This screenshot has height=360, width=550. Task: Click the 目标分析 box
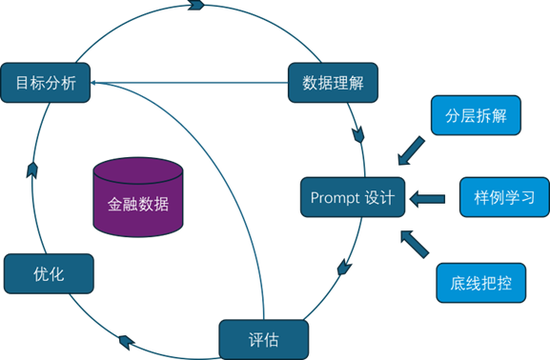pos(47,81)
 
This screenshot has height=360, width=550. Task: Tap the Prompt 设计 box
pos(352,197)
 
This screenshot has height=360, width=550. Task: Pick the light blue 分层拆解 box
pos(470,115)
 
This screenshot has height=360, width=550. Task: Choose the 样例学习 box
pos(503,197)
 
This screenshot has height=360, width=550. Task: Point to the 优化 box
pos(49,272)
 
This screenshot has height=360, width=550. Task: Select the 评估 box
pos(263,338)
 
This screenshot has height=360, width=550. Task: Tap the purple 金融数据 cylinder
pos(138,198)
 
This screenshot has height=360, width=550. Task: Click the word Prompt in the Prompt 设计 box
pos(335,197)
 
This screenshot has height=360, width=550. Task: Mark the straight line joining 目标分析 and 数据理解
pos(190,82)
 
